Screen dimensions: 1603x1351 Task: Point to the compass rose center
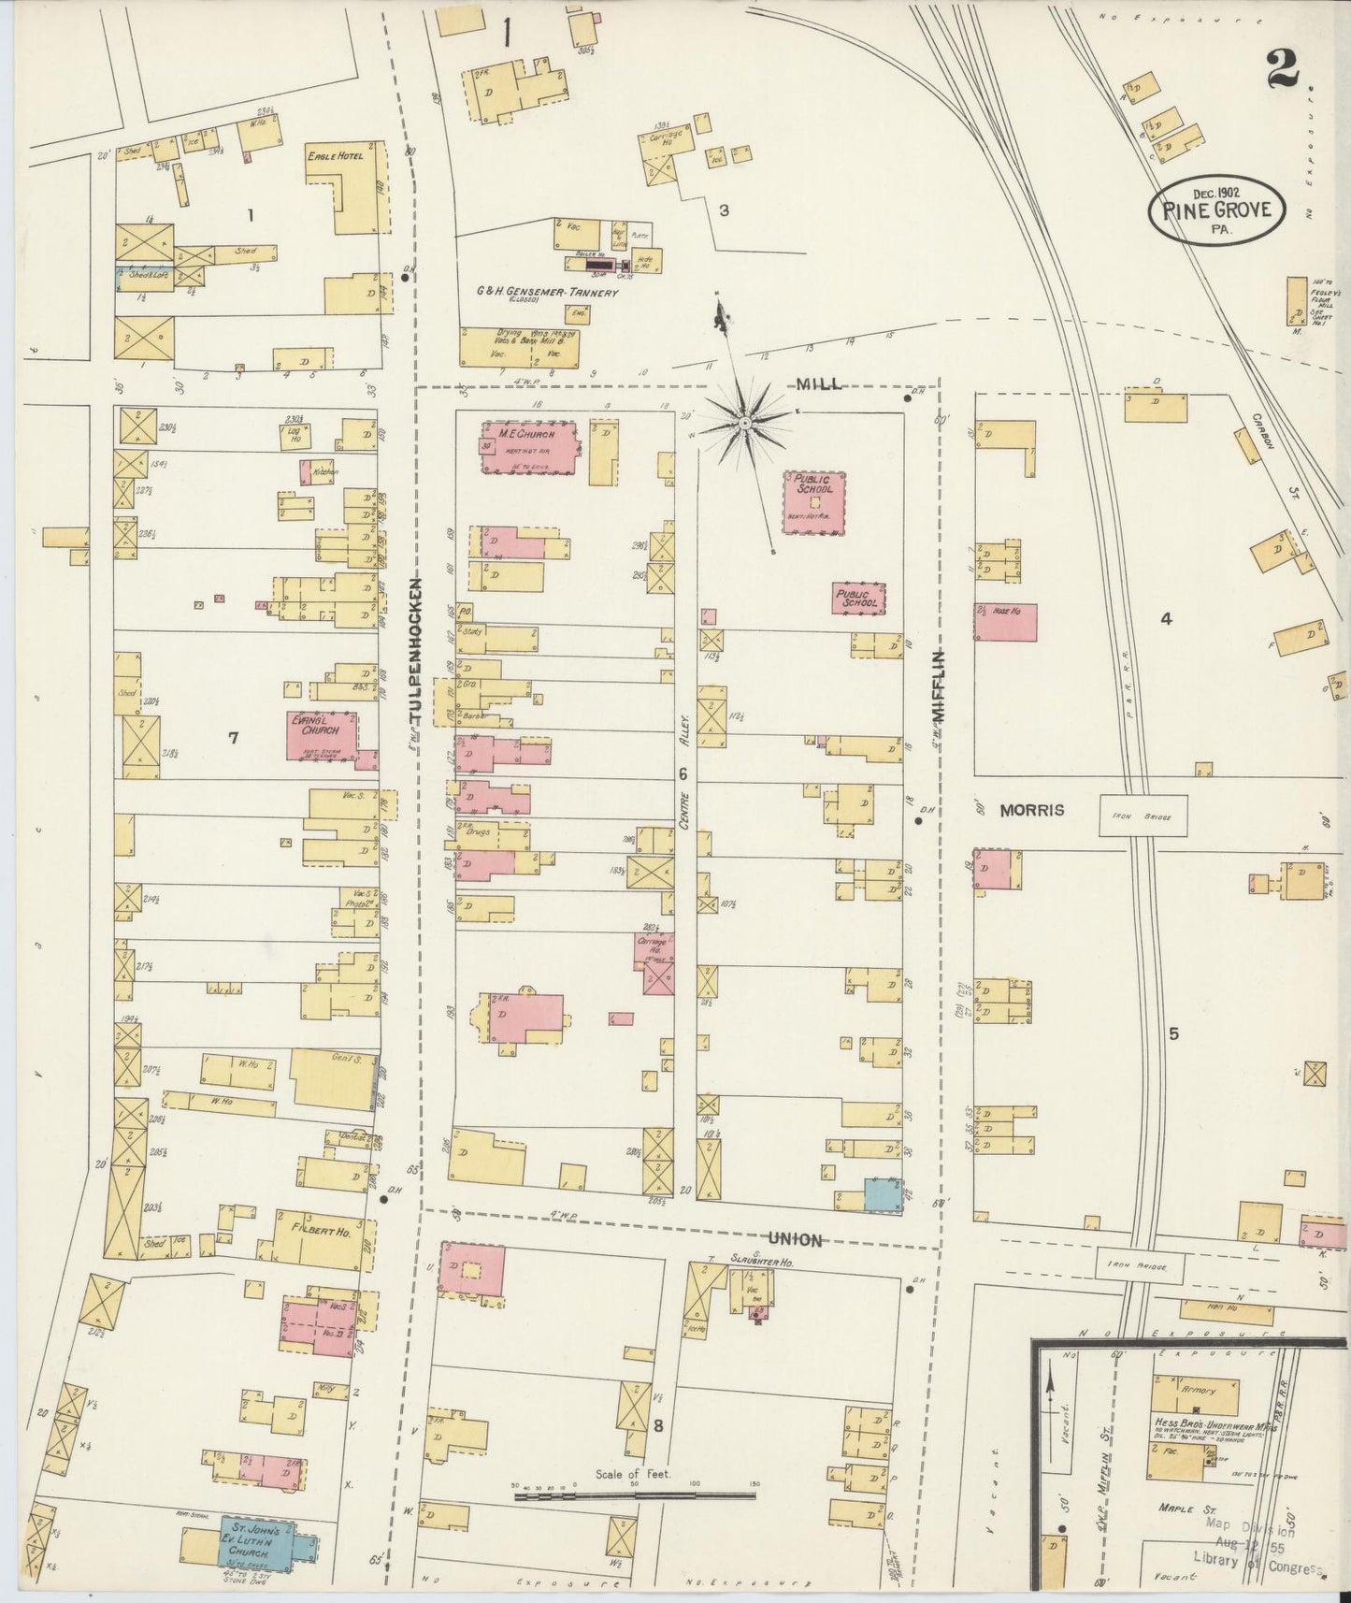point(744,425)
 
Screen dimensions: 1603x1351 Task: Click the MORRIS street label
point(1032,810)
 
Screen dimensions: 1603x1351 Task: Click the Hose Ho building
point(1005,621)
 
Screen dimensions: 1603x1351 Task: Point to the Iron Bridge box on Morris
point(1142,815)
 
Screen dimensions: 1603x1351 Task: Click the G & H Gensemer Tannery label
point(534,293)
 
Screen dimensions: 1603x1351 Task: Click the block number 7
point(233,739)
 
